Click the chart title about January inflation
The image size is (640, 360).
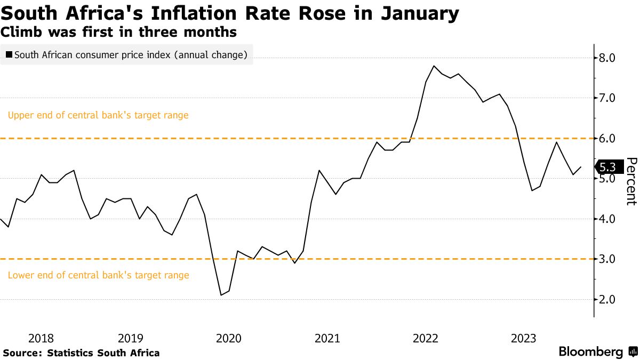click(x=229, y=13)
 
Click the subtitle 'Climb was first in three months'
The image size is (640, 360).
click(x=118, y=32)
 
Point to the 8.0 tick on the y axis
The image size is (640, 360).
click(x=608, y=58)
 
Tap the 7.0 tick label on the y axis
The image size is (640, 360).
click(x=608, y=98)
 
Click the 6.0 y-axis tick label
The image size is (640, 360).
click(x=608, y=139)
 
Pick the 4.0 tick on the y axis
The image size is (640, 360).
click(x=608, y=219)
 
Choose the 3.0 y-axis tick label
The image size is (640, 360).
click(x=608, y=259)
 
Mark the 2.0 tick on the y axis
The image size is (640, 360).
click(x=608, y=300)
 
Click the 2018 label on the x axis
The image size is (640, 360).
click(x=41, y=338)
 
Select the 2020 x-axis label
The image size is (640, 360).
click(x=228, y=338)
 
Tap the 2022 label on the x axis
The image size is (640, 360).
click(x=426, y=338)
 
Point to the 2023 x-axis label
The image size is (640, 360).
click(x=524, y=338)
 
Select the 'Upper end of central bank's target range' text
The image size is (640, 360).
click(x=98, y=115)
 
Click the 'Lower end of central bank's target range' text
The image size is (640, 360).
click(x=99, y=275)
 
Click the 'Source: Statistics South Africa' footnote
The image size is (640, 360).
click(x=81, y=353)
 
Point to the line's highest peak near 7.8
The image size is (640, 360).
click(x=434, y=66)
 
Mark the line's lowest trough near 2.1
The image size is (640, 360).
click(x=221, y=295)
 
